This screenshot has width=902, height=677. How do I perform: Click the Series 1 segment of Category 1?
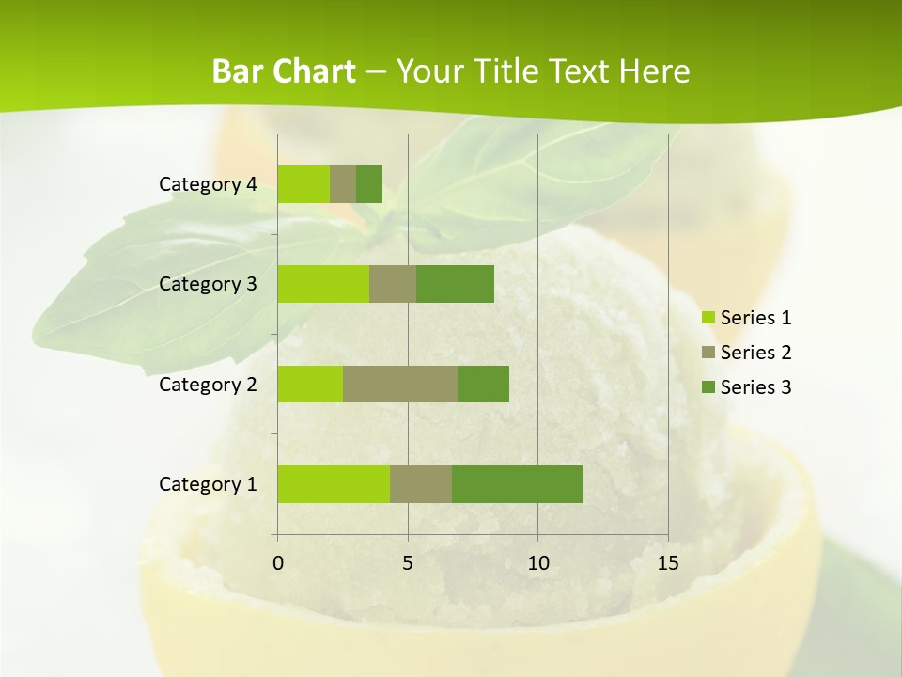coord(334,484)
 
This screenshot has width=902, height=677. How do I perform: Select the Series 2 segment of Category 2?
coord(400,384)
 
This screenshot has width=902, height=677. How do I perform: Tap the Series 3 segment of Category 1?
coord(517,484)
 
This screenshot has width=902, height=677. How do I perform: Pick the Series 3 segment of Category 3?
coord(455,284)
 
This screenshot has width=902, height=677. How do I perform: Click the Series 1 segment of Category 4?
coord(303,184)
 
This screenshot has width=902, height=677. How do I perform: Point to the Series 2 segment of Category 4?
coord(343,184)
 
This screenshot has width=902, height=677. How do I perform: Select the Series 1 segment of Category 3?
coord(323,284)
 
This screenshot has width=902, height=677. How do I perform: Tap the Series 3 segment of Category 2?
coord(483,384)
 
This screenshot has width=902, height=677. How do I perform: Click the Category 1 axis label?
coord(208,484)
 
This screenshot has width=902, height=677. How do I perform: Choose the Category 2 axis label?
coord(208,384)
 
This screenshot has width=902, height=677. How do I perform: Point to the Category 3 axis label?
coord(208,284)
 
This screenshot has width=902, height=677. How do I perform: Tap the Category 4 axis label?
coord(208,184)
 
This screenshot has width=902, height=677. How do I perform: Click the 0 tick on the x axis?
coord(278,563)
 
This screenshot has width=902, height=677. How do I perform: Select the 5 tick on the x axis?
coord(408,563)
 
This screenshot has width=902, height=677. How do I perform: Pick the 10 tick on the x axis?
coord(537,563)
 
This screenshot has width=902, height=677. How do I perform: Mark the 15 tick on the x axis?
coord(667,563)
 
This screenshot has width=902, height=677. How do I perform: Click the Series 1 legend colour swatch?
coord(708,318)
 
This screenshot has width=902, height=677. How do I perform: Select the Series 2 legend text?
coord(755,353)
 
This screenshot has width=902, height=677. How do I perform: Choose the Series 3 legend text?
coord(755,387)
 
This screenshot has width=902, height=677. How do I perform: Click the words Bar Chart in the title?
coord(284,71)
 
